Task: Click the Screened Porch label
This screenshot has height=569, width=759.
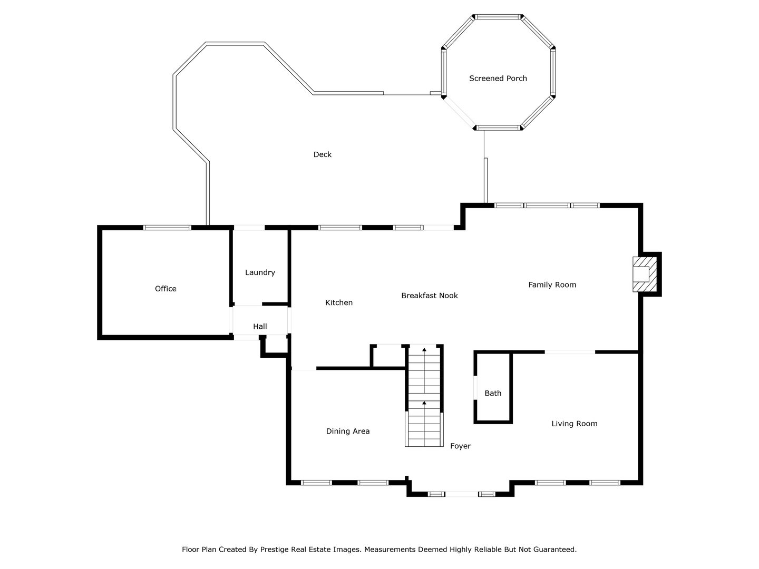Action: (498, 79)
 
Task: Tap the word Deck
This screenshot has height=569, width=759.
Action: (322, 154)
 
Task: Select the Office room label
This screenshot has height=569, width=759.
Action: (166, 289)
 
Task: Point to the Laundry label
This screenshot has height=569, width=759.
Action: (260, 272)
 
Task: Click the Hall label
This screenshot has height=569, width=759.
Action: (260, 327)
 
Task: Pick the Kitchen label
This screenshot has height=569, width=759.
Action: (339, 302)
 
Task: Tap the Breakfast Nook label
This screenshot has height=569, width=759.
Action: (430, 296)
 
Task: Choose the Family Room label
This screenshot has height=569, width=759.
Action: (552, 284)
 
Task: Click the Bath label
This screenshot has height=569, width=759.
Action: (493, 393)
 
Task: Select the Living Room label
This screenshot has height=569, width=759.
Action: (575, 424)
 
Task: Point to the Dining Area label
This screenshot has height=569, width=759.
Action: (348, 431)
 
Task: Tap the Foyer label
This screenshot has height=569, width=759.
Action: (460, 446)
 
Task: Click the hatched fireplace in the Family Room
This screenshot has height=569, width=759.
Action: (645, 274)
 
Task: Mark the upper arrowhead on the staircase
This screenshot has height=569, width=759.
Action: (424, 350)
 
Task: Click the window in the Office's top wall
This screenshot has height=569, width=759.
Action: (167, 228)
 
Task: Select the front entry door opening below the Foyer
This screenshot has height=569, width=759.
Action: (462, 494)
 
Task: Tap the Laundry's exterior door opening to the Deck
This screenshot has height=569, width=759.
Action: (249, 228)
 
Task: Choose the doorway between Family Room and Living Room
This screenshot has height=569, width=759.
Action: (570, 352)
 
